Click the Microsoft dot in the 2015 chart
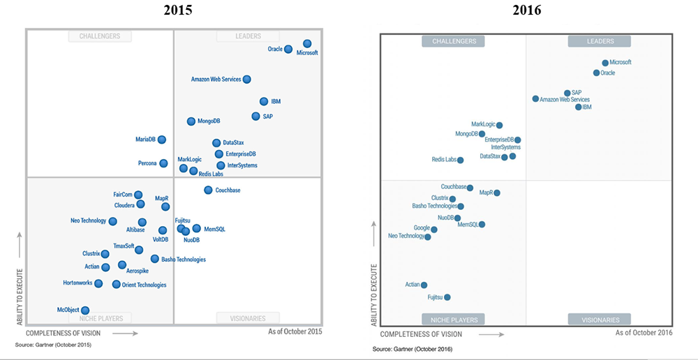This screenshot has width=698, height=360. tap(307, 44)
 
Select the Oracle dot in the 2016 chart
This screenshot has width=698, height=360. tap(596, 73)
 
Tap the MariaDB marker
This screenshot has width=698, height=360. tap(162, 140)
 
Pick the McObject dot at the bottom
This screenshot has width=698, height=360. tap(85, 310)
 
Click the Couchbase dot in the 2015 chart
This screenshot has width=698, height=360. tap(208, 190)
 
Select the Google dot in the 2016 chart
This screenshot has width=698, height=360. tap(434, 229)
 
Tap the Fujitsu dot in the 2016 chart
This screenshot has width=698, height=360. tap(447, 297)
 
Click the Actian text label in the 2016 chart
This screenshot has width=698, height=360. tap(412, 285)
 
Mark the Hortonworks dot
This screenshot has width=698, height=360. tap(98, 283)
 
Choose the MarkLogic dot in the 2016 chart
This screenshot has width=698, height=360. tap(499, 125)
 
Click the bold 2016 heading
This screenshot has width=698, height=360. tap(526, 10)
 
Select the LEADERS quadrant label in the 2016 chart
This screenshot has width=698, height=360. tap(600, 42)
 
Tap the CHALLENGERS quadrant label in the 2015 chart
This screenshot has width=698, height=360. tap(100, 36)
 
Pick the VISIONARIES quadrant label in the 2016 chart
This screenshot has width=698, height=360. tap(600, 320)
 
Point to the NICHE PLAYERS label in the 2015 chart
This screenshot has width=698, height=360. tap(100, 318)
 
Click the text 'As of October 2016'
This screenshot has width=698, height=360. tap(644, 333)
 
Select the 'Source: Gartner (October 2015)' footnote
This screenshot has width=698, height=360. tap(53, 345)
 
